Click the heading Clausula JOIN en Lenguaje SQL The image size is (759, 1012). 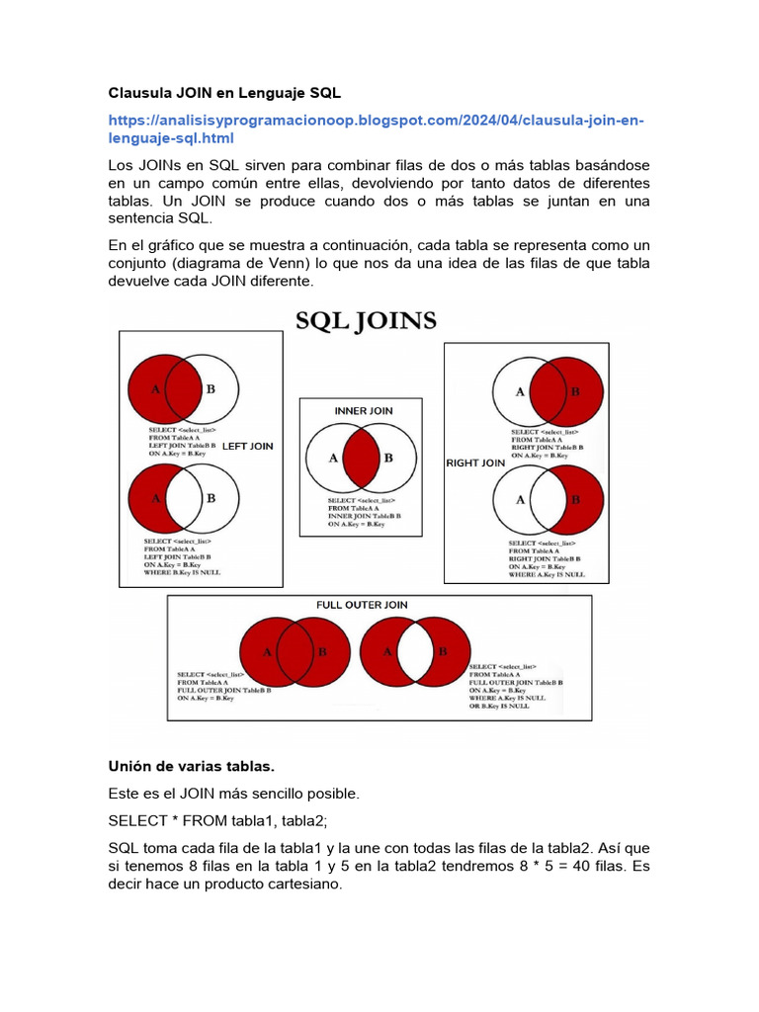224,94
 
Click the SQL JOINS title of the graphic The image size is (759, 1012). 367,321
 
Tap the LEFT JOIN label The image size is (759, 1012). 248,447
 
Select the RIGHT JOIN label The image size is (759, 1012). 476,463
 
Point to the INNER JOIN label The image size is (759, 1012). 362,410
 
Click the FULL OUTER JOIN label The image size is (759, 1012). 362,605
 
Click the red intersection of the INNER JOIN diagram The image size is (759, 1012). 362,458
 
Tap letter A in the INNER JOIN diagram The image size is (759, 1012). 333,459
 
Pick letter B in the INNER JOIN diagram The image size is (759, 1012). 388,459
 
